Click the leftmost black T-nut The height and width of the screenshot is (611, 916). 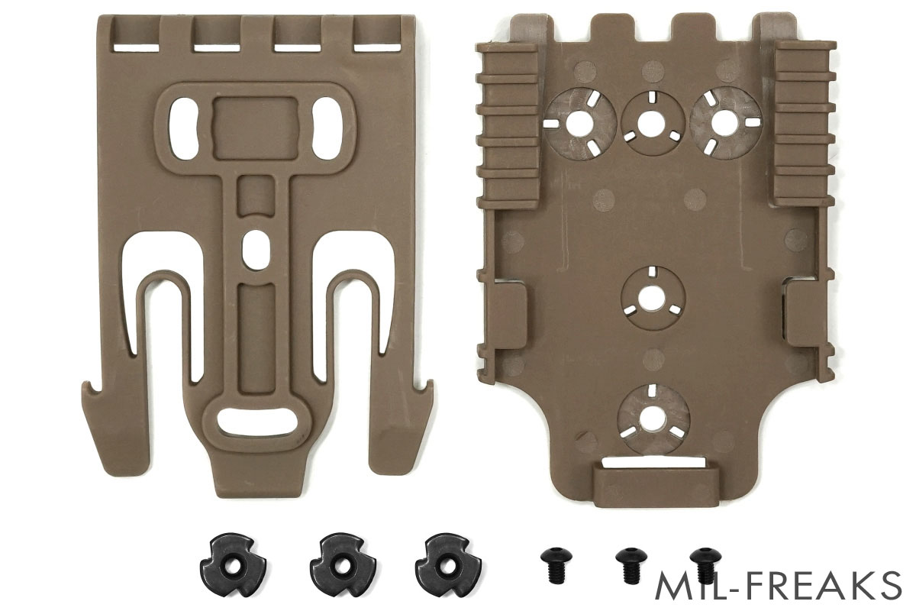click(233, 565)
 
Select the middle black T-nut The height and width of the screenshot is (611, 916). click(343, 565)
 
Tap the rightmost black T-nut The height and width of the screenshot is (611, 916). click(448, 565)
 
